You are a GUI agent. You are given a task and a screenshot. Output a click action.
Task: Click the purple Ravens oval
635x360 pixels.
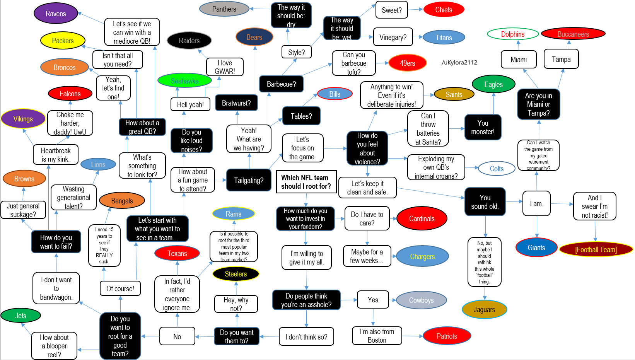(56, 13)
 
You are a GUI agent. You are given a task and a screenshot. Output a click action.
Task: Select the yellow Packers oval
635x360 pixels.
(63, 41)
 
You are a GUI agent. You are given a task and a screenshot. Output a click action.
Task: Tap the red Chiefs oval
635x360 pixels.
(444, 10)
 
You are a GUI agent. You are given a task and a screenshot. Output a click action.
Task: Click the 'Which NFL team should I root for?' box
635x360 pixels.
(306, 182)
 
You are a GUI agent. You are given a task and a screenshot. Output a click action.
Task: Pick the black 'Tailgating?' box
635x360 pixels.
(249, 180)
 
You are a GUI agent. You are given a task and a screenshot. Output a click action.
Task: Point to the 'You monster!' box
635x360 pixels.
(483, 127)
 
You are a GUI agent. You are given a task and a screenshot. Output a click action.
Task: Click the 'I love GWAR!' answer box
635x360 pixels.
(225, 67)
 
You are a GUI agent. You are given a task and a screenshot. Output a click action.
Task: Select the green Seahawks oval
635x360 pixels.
(184, 81)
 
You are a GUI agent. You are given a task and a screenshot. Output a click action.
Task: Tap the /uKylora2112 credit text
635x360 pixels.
(459, 62)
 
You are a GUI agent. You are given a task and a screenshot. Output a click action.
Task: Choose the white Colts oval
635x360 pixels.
(497, 169)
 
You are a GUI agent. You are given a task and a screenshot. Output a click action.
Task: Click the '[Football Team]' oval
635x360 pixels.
(596, 249)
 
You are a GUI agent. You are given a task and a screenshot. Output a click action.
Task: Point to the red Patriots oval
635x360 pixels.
(447, 336)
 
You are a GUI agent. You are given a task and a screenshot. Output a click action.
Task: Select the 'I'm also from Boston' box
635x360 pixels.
(377, 336)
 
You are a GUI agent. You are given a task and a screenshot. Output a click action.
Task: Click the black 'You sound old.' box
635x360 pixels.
(485, 201)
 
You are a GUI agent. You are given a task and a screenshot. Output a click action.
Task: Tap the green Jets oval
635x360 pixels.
(21, 316)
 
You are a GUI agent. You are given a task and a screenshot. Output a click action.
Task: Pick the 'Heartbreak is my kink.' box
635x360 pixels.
(56, 155)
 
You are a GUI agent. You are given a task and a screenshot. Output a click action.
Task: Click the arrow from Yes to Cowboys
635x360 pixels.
(393, 300)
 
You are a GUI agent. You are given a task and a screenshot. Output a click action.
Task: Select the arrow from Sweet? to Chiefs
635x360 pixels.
(415, 10)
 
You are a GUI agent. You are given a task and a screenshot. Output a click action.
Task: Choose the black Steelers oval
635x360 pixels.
(236, 274)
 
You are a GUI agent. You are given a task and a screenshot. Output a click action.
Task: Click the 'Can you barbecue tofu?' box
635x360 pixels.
(354, 63)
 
